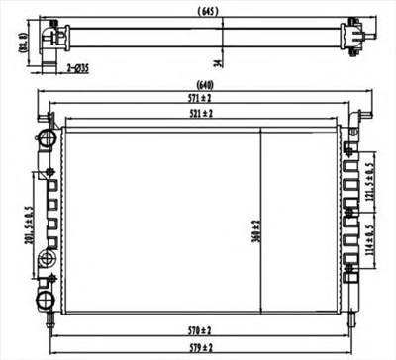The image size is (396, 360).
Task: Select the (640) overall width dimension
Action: [x=205, y=84]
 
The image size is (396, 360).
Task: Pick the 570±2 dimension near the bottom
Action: [x=199, y=329]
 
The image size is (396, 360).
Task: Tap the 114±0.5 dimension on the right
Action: [x=368, y=237]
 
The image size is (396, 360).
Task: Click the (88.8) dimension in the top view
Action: [x=21, y=44]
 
